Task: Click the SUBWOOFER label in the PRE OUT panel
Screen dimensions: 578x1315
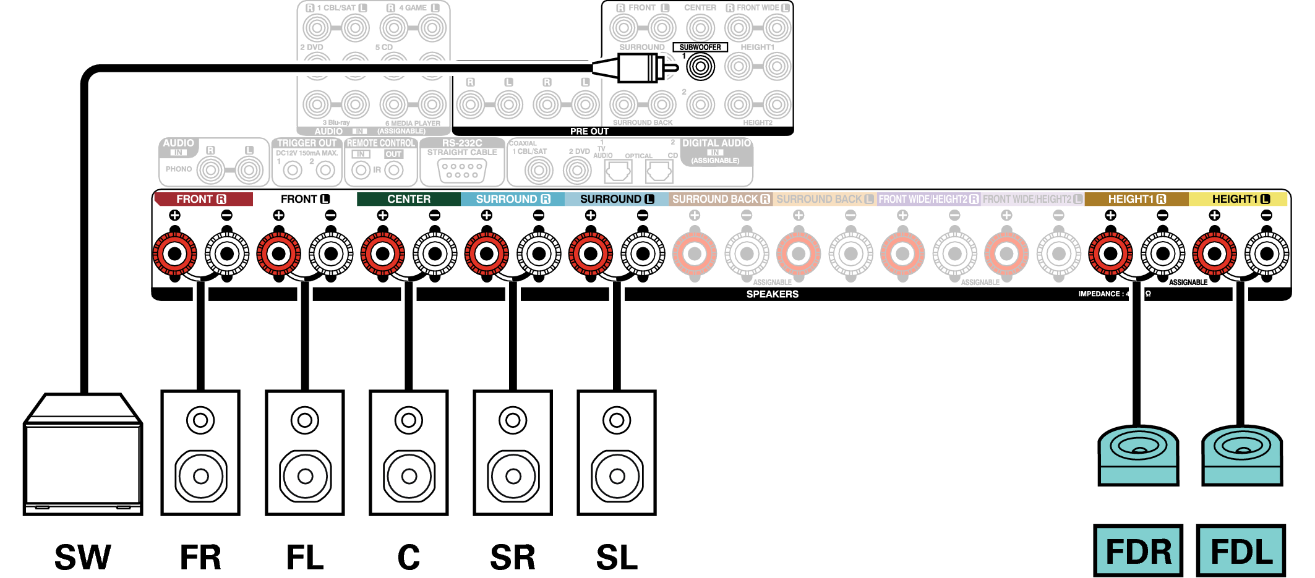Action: coord(700,47)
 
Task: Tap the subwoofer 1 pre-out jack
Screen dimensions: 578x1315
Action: coord(700,67)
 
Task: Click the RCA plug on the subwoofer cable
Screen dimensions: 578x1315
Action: coord(637,67)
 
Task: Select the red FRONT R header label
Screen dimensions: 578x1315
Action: coord(203,199)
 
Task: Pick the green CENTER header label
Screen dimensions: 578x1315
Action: coord(408,199)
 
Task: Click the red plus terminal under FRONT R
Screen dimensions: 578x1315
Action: coord(175,253)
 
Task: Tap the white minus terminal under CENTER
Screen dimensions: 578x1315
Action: coord(435,253)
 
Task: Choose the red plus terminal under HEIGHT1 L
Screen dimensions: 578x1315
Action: coord(1214,253)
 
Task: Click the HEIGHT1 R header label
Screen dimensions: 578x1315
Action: coord(1136,199)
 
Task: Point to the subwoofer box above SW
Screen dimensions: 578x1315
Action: coord(83,457)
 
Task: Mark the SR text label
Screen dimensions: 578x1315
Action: coord(513,557)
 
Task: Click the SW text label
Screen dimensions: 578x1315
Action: coord(83,557)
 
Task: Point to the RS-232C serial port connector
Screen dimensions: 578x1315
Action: coord(462,170)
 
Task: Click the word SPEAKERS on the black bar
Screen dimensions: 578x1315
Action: coord(772,294)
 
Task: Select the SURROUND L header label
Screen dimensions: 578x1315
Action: coord(617,199)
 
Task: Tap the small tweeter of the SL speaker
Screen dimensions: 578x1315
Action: coord(617,421)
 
